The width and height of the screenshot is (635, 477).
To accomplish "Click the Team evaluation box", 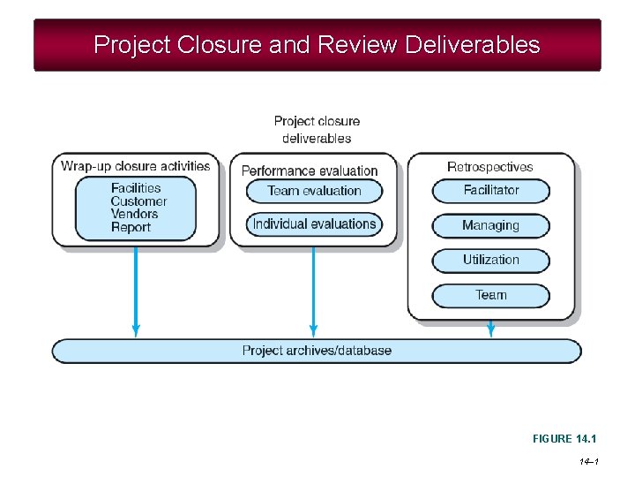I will point(314,191).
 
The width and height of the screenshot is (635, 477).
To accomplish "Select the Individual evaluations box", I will point(314,224).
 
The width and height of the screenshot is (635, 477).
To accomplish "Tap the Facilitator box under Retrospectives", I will point(490,191).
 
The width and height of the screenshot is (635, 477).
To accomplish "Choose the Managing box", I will point(490,225).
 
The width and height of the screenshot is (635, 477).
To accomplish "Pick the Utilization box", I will point(490,261).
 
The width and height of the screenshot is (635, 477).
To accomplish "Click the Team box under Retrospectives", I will point(490,295).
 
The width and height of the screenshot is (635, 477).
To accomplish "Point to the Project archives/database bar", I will point(317,351).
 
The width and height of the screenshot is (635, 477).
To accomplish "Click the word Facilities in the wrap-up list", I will point(136,188).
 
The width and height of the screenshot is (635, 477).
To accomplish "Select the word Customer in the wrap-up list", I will point(138,201).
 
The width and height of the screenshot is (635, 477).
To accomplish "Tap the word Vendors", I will point(135,214).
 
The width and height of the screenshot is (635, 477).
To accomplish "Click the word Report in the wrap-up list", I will point(131,227).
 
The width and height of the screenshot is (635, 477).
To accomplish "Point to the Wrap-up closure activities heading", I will point(136,166).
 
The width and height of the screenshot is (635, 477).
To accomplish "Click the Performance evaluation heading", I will point(310,170).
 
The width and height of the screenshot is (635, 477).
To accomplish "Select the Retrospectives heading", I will point(490,167).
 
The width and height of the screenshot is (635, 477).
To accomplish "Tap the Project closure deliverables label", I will point(317,129).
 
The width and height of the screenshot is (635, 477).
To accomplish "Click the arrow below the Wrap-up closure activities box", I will point(136,291).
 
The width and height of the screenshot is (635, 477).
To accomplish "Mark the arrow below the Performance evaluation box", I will point(313,291).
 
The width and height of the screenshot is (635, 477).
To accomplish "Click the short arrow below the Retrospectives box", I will point(491,329).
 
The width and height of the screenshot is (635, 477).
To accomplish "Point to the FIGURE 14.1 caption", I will point(564,439).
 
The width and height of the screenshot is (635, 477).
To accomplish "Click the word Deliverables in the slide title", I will point(472,44).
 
